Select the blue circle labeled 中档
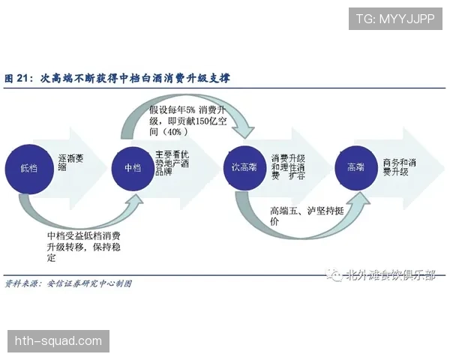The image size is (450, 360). click(x=131, y=167)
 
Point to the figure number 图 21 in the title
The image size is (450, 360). click(x=18, y=78)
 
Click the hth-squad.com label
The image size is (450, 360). click(x=58, y=341)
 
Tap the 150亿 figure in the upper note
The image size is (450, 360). click(x=199, y=121)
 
